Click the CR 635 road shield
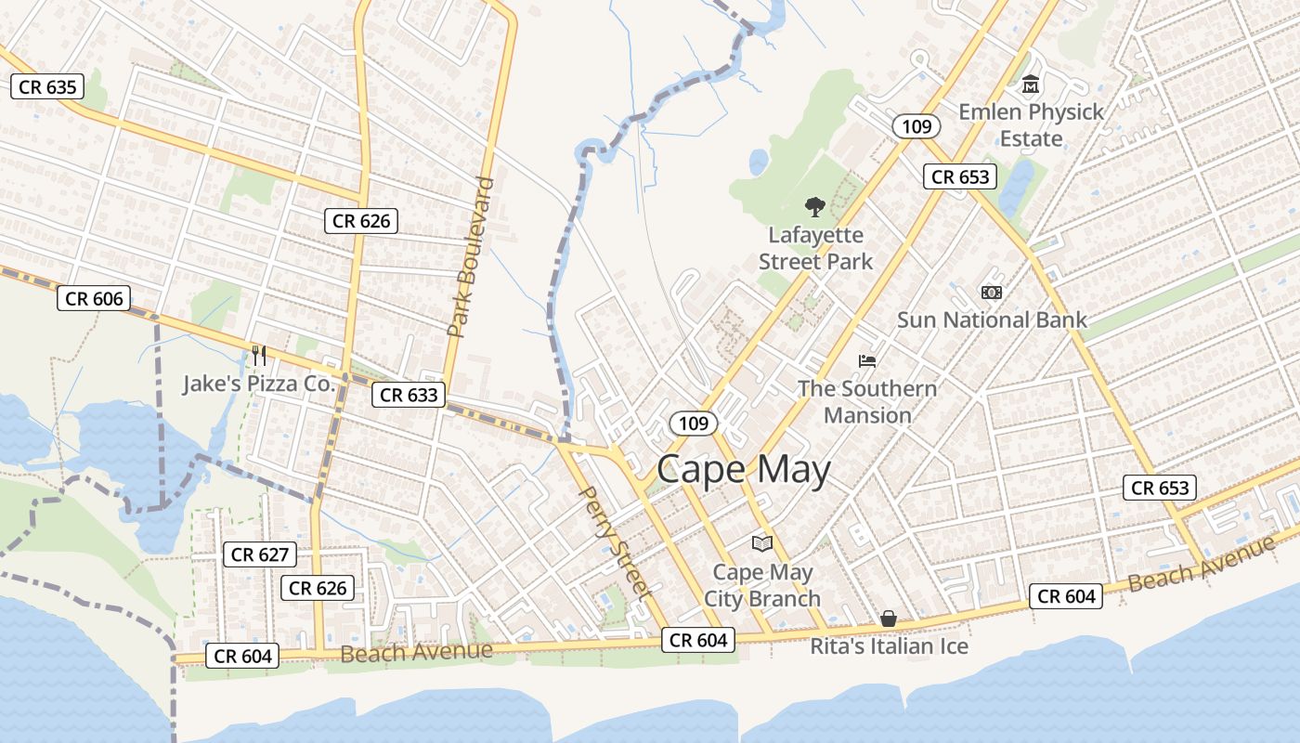[x=47, y=87]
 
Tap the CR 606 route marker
[x=94, y=298]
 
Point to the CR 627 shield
[x=261, y=554]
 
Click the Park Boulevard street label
[x=470, y=256]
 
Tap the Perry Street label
[x=615, y=541]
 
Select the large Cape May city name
[x=743, y=470]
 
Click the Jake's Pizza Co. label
[x=258, y=384]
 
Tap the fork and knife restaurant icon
[x=259, y=355]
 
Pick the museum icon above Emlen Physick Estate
[x=1031, y=85]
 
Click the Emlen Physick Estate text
[x=1031, y=124]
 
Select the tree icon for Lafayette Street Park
[x=815, y=206]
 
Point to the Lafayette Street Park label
[x=815, y=248]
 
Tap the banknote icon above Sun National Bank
[x=991, y=293]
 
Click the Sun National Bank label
[x=991, y=319]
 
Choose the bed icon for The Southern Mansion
[x=867, y=360]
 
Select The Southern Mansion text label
[x=867, y=401]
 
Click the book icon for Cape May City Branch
[x=761, y=543]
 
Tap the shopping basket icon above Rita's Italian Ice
[x=889, y=619]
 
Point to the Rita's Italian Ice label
[x=889, y=646]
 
